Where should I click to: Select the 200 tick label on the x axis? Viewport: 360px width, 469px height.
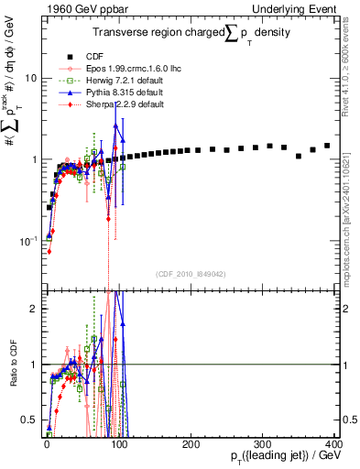pyautogui.click(x=191, y=444)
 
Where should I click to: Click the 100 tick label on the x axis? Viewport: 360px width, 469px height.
pyautogui.click(x=119, y=444)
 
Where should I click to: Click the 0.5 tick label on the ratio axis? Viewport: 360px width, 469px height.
pyautogui.click(x=29, y=420)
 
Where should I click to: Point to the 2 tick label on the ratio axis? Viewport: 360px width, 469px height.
pyautogui.click(x=33, y=309)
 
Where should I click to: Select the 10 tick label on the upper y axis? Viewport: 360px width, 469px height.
pyautogui.click(x=31, y=78)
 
